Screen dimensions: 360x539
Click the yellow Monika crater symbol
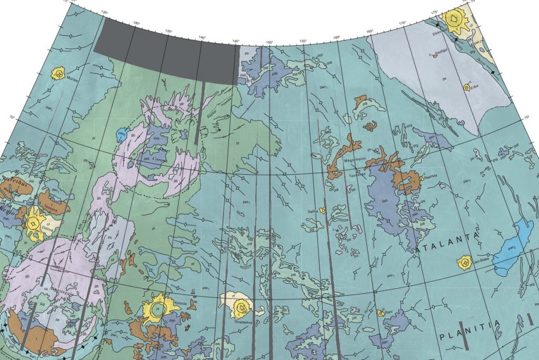coord(57,73)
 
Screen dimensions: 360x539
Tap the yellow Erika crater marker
coord(466,87)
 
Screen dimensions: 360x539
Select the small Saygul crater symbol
coord(435,56)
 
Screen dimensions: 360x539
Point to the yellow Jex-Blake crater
coord(465,261)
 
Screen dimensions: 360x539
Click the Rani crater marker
coord(381,313)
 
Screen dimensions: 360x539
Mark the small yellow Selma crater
coord(322,210)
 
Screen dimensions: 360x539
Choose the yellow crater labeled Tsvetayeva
coord(242,306)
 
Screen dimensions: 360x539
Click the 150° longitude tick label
coord(269,43)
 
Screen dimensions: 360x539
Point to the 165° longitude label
coord(370,32)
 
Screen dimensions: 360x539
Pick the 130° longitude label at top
coord(136,24)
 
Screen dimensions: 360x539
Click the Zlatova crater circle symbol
coord(34,224)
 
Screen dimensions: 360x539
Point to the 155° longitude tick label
coord(303,41)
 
